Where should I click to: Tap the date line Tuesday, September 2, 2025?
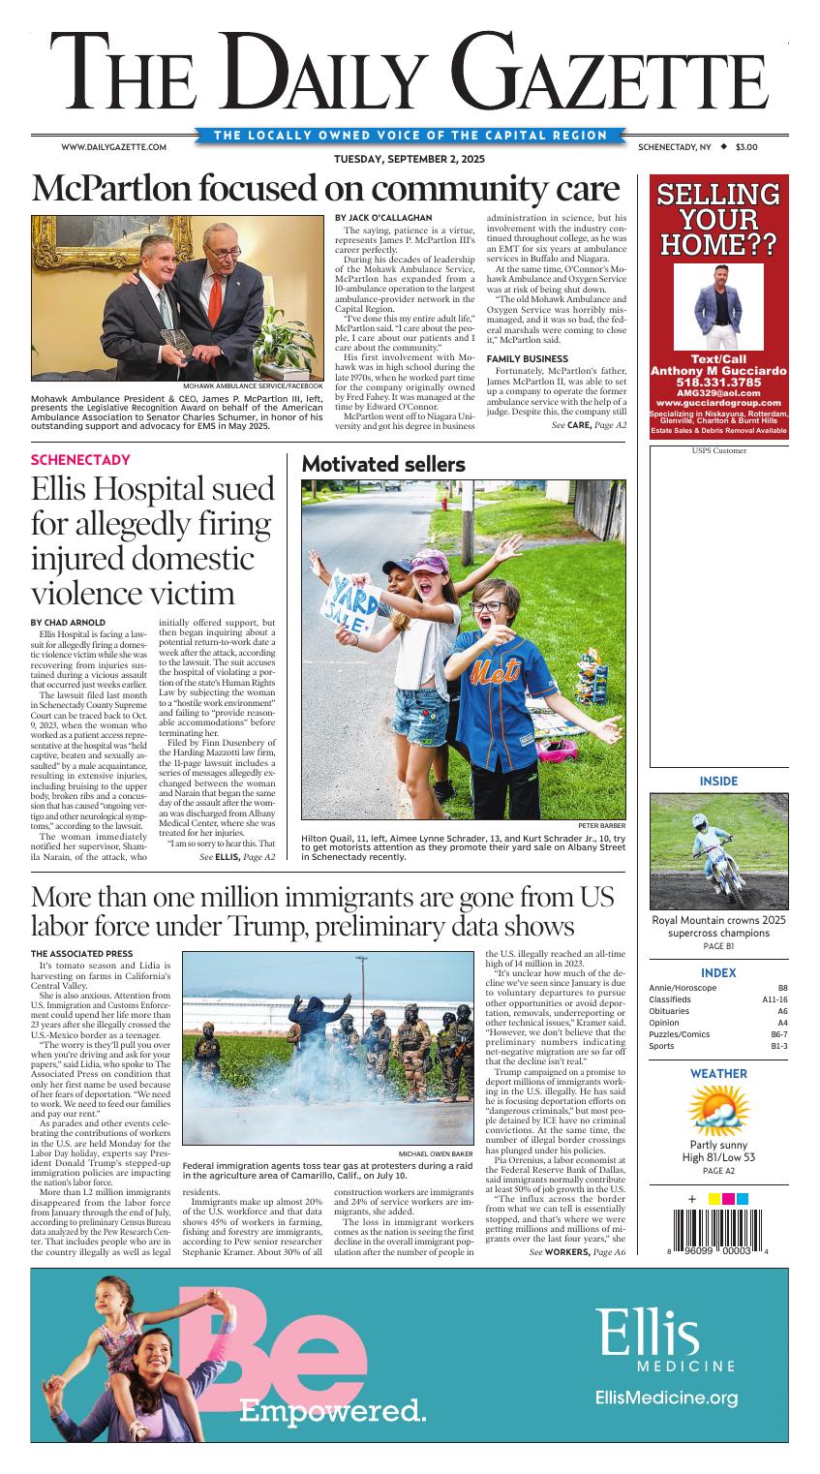click(x=410, y=159)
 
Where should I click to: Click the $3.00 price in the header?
click(x=745, y=147)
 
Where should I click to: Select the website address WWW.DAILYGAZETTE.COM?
click(x=114, y=147)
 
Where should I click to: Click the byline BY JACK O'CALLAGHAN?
click(x=383, y=217)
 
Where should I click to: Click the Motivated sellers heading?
click(x=383, y=465)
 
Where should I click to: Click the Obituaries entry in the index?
click(x=671, y=1010)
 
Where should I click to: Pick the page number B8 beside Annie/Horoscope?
click(x=782, y=987)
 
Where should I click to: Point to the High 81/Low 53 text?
click(x=717, y=1156)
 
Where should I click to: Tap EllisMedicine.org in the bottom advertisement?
click(x=666, y=1397)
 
